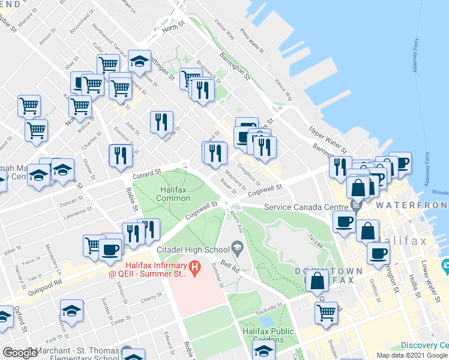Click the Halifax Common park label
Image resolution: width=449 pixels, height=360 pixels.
(174, 194)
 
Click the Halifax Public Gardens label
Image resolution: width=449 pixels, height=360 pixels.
(268, 335)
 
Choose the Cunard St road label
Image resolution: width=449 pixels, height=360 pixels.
(147, 173)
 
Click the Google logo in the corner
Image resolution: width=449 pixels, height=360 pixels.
(19, 353)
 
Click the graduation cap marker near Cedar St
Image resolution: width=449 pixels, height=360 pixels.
(71, 310)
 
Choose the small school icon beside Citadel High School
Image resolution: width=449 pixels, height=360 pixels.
(237, 247)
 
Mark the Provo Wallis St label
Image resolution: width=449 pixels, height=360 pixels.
(252, 40)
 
